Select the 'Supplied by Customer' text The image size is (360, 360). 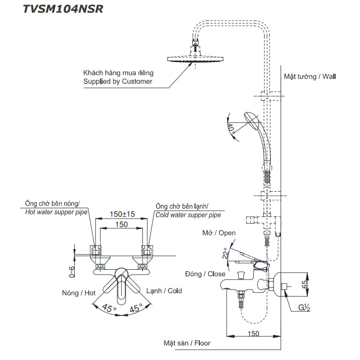tap(117, 81)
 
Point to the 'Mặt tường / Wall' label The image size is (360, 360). tap(310, 76)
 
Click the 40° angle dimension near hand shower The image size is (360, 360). tap(232, 128)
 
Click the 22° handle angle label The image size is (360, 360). tap(226, 253)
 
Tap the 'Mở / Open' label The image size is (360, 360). tap(219, 233)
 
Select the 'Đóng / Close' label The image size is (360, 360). tap(205, 274)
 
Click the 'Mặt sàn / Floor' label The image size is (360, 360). tap(187, 343)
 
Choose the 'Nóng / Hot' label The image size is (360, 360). tap(78, 293)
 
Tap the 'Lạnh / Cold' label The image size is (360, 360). tap(164, 291)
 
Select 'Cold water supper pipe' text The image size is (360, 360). tap(188, 215)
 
